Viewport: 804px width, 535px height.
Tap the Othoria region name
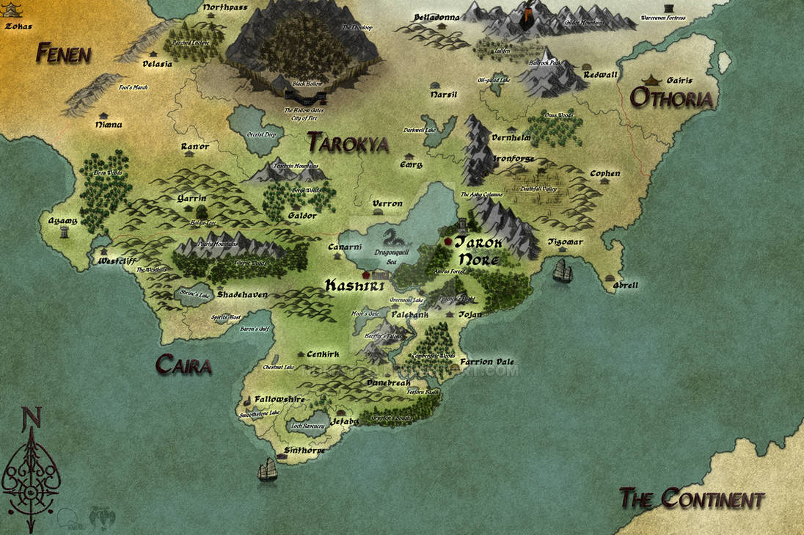(x=672, y=98)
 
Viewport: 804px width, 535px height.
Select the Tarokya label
(x=348, y=142)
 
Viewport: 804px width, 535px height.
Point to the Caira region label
(x=183, y=365)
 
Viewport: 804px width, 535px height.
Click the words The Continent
(x=692, y=500)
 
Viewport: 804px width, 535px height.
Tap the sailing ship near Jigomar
(x=563, y=271)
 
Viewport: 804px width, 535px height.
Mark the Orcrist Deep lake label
(x=260, y=134)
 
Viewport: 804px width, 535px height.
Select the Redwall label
(x=601, y=75)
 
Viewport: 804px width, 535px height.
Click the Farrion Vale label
(x=487, y=362)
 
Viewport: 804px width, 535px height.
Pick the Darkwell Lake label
(x=419, y=130)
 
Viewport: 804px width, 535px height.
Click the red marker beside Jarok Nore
(x=447, y=241)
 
